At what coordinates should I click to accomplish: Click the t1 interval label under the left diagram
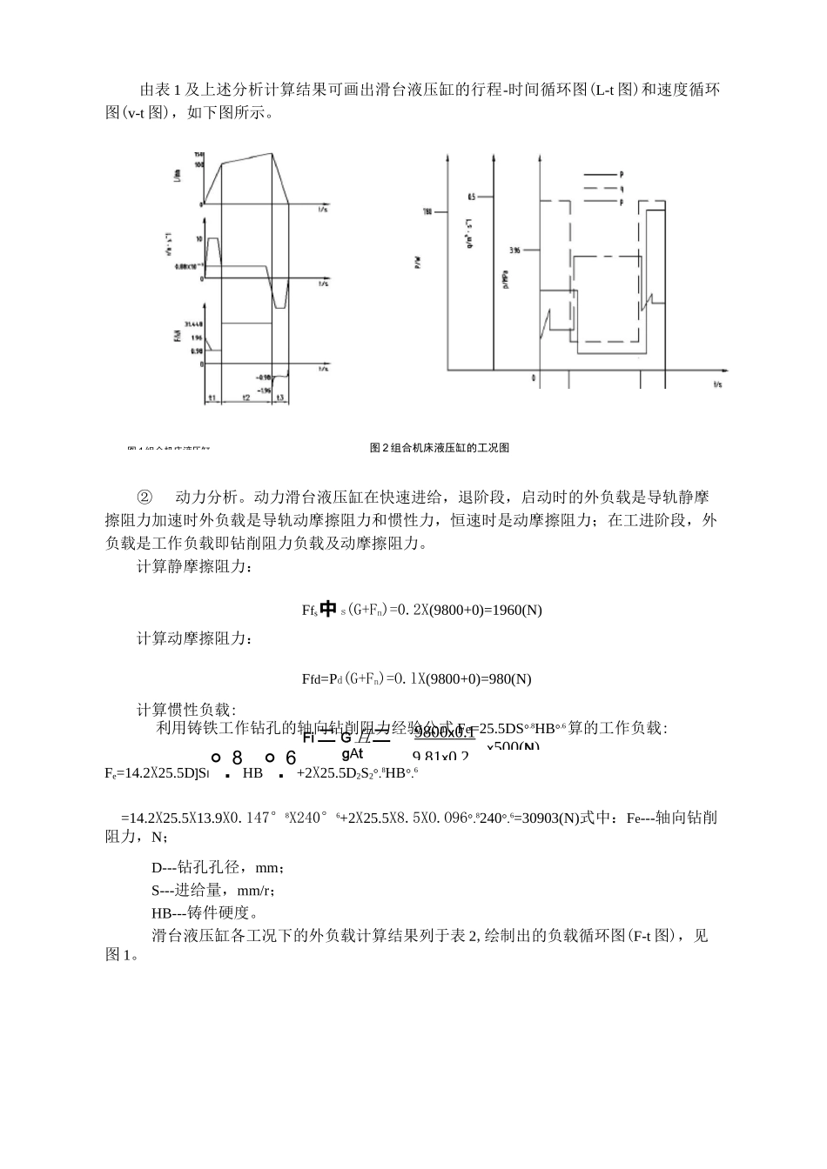[x=212, y=397]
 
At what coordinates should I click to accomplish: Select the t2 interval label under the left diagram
[x=246, y=397]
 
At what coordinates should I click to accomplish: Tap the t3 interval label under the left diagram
[x=280, y=397]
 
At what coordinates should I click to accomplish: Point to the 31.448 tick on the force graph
[x=192, y=324]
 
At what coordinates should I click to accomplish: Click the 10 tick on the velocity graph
[x=199, y=237]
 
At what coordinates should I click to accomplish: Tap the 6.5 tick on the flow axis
[x=472, y=197]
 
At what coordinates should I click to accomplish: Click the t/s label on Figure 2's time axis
[x=717, y=384]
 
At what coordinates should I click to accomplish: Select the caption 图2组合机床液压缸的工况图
[x=440, y=448]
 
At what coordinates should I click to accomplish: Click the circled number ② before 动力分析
[x=145, y=498]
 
